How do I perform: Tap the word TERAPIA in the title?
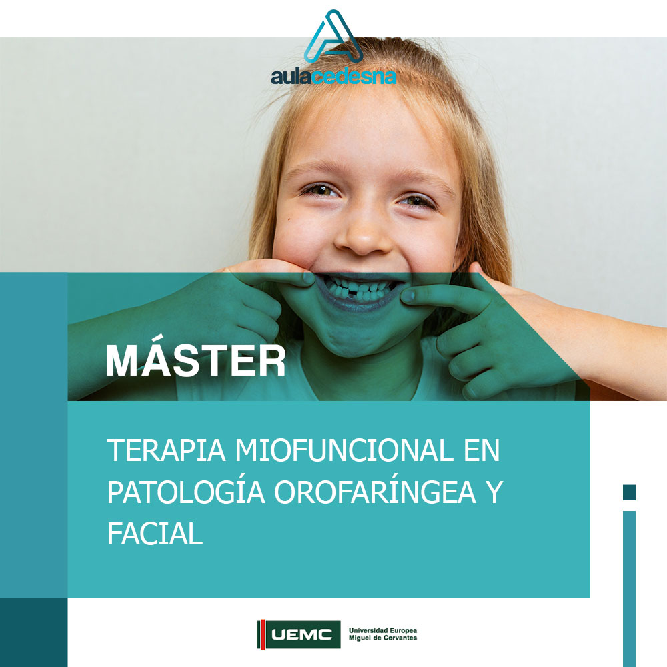[x=166, y=450]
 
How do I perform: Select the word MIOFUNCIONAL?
[x=344, y=450]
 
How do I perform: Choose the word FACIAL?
[x=155, y=534]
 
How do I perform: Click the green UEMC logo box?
[x=303, y=634]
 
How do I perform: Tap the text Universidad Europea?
[x=382, y=630]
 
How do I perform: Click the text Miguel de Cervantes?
[x=382, y=638]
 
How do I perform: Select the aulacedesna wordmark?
[x=333, y=77]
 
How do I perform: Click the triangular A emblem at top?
[x=333, y=37]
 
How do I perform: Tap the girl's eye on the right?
[x=417, y=201]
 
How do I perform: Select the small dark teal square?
[x=629, y=492]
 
